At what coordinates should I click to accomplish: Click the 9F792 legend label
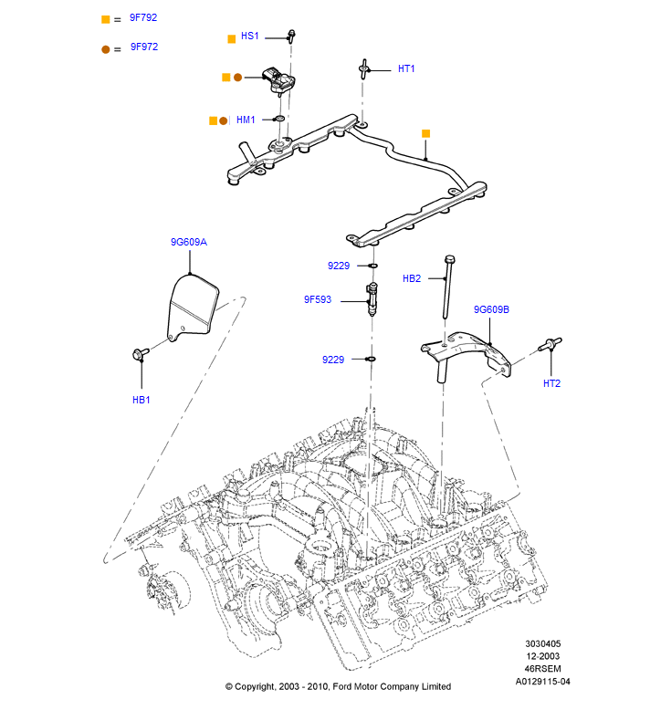click(143, 17)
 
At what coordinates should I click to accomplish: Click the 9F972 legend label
click(144, 47)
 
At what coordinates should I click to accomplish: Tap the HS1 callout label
click(249, 37)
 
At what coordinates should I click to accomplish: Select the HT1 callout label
click(406, 68)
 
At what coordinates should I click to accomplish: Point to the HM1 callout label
click(246, 120)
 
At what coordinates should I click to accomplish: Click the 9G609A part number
click(188, 242)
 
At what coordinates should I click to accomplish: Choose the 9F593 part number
click(318, 299)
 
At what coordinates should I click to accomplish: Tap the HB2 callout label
click(412, 279)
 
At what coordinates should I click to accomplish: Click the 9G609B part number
click(491, 309)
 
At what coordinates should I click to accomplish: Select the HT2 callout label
click(551, 383)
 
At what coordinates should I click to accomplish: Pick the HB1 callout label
click(141, 401)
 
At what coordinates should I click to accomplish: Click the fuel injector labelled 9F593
click(372, 298)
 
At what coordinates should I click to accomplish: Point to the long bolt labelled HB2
click(447, 287)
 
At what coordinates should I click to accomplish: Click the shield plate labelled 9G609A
click(193, 307)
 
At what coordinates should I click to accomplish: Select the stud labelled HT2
click(550, 345)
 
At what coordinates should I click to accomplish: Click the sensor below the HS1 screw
click(278, 80)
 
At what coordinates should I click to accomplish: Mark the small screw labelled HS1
click(291, 36)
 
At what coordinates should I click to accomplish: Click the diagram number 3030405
click(543, 643)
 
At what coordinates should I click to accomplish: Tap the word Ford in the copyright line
click(341, 686)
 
